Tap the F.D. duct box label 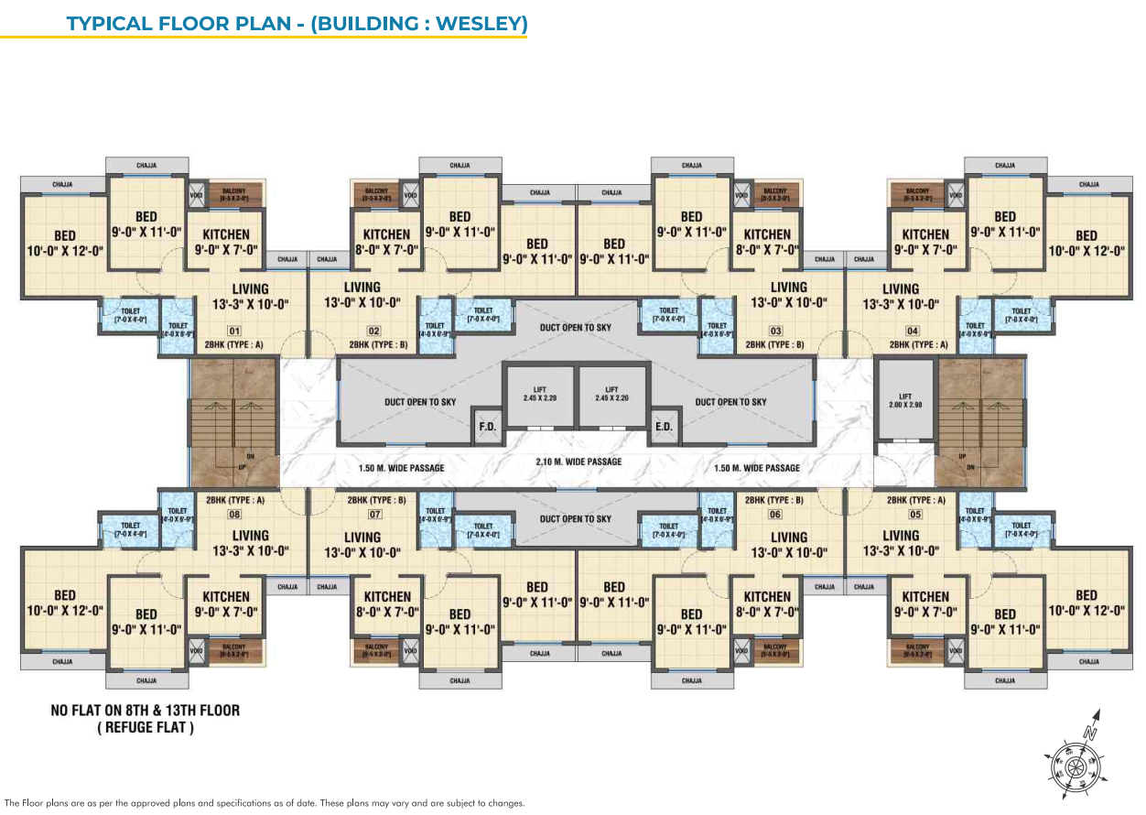485,426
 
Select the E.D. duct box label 664,426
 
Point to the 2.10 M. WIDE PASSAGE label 578,462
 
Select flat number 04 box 912,331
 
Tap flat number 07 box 374,514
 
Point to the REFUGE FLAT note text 146,728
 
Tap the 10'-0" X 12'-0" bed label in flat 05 1086,603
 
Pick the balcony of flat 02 376,194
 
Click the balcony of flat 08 234,650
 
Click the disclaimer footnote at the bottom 265,803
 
